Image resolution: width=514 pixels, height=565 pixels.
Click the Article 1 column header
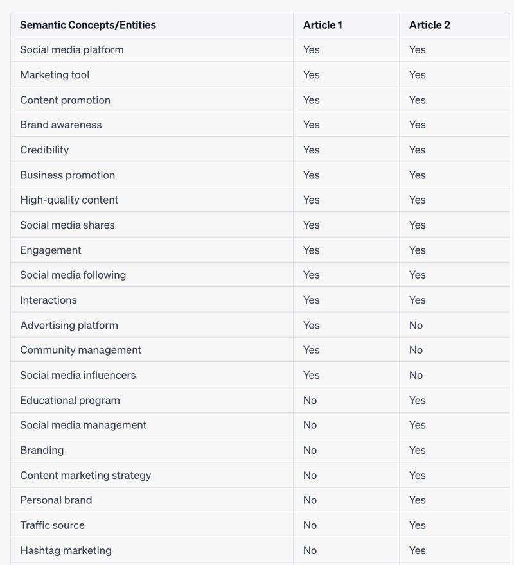(323, 25)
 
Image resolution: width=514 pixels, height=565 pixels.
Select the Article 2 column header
(429, 25)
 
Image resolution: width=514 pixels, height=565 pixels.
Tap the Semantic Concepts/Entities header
(88, 25)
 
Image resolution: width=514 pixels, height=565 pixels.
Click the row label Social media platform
(72, 49)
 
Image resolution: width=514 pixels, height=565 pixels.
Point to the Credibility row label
(44, 150)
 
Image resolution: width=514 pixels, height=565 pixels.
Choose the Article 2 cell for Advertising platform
(416, 325)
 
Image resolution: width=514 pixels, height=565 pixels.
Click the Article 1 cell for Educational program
(310, 400)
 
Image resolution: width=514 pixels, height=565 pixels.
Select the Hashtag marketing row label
(66, 550)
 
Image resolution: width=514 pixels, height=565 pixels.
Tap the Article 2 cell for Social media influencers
(416, 375)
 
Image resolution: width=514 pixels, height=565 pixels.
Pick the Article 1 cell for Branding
(310, 450)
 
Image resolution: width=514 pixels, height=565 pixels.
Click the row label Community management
(81, 350)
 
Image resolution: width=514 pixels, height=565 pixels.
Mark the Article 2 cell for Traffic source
(418, 525)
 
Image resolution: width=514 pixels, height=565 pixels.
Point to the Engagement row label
(51, 250)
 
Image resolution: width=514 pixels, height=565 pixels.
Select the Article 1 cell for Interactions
(312, 300)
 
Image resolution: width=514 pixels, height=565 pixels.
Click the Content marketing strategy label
(85, 475)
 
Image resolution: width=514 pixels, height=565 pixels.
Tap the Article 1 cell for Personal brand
(310, 500)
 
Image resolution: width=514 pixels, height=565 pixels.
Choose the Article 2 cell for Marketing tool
(418, 74)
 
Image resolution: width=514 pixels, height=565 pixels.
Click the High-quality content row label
(69, 200)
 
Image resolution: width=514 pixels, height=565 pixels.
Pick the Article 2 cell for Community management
(416, 350)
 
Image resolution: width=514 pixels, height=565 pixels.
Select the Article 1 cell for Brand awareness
(312, 125)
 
